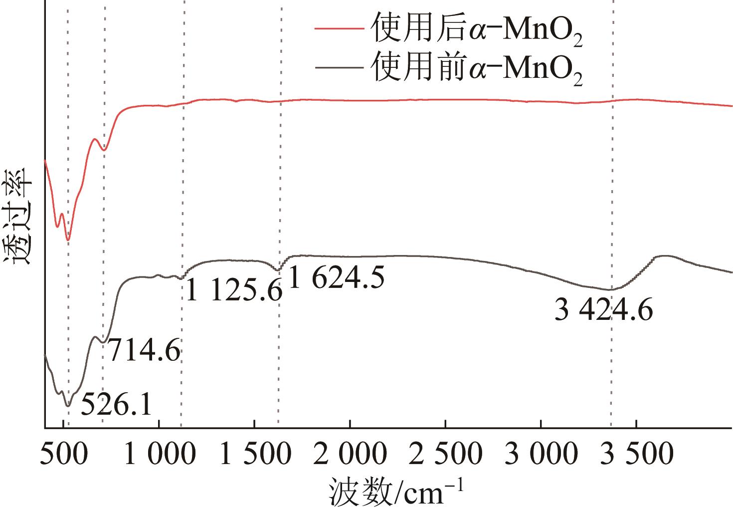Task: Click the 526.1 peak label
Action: click(116, 404)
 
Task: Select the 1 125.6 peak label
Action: click(234, 290)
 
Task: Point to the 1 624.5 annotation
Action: click(337, 277)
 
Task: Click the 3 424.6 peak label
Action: click(603, 311)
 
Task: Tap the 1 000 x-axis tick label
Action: click(159, 454)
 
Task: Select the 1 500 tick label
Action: click(255, 454)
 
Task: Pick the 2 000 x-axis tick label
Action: click(350, 454)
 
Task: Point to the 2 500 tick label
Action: click(446, 454)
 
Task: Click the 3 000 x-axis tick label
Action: click(541, 454)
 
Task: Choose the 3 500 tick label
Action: click(637, 454)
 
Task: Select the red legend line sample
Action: click(339, 29)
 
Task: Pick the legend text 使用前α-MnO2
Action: click(476, 67)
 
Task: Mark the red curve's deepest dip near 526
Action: click(68, 240)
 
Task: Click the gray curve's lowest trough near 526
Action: click(68, 406)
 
